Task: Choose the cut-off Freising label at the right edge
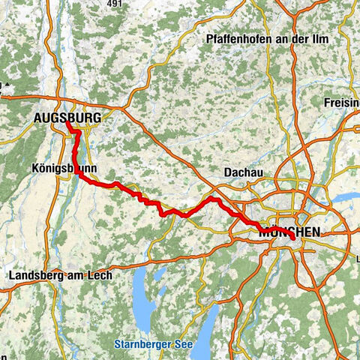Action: click(x=343, y=101)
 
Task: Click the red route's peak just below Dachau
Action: click(x=214, y=199)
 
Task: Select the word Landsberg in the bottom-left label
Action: click(x=37, y=276)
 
